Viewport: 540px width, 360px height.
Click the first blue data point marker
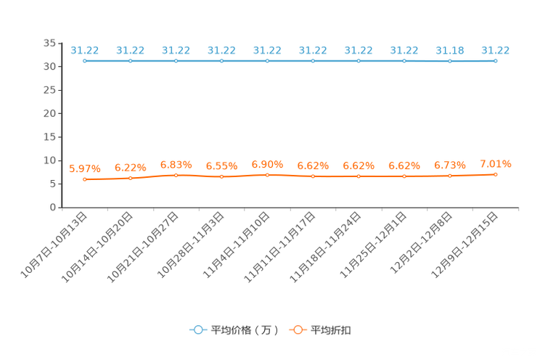pos(85,61)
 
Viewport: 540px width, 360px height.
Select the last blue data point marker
pos(496,61)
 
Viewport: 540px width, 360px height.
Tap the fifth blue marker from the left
pos(267,61)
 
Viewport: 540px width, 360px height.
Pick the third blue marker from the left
pos(176,61)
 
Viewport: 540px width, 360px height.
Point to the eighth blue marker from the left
pos(404,61)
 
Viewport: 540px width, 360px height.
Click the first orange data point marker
pos(85,179)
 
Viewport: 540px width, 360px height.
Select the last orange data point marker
pos(496,174)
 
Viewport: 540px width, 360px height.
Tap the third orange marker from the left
pos(176,175)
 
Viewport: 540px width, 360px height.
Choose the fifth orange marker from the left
pos(267,175)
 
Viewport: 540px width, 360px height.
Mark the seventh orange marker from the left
pos(359,176)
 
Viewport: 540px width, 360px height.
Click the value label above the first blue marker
pos(85,50)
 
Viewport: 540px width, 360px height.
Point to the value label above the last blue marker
pos(496,50)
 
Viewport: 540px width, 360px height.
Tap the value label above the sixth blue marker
pos(313,50)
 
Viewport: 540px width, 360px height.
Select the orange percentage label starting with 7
pos(496,163)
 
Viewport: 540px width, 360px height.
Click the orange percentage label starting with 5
pos(85,168)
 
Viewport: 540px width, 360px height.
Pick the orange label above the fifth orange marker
pos(267,164)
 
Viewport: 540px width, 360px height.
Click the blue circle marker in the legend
pos(197,330)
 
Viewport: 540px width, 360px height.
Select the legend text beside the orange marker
pos(331,330)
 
